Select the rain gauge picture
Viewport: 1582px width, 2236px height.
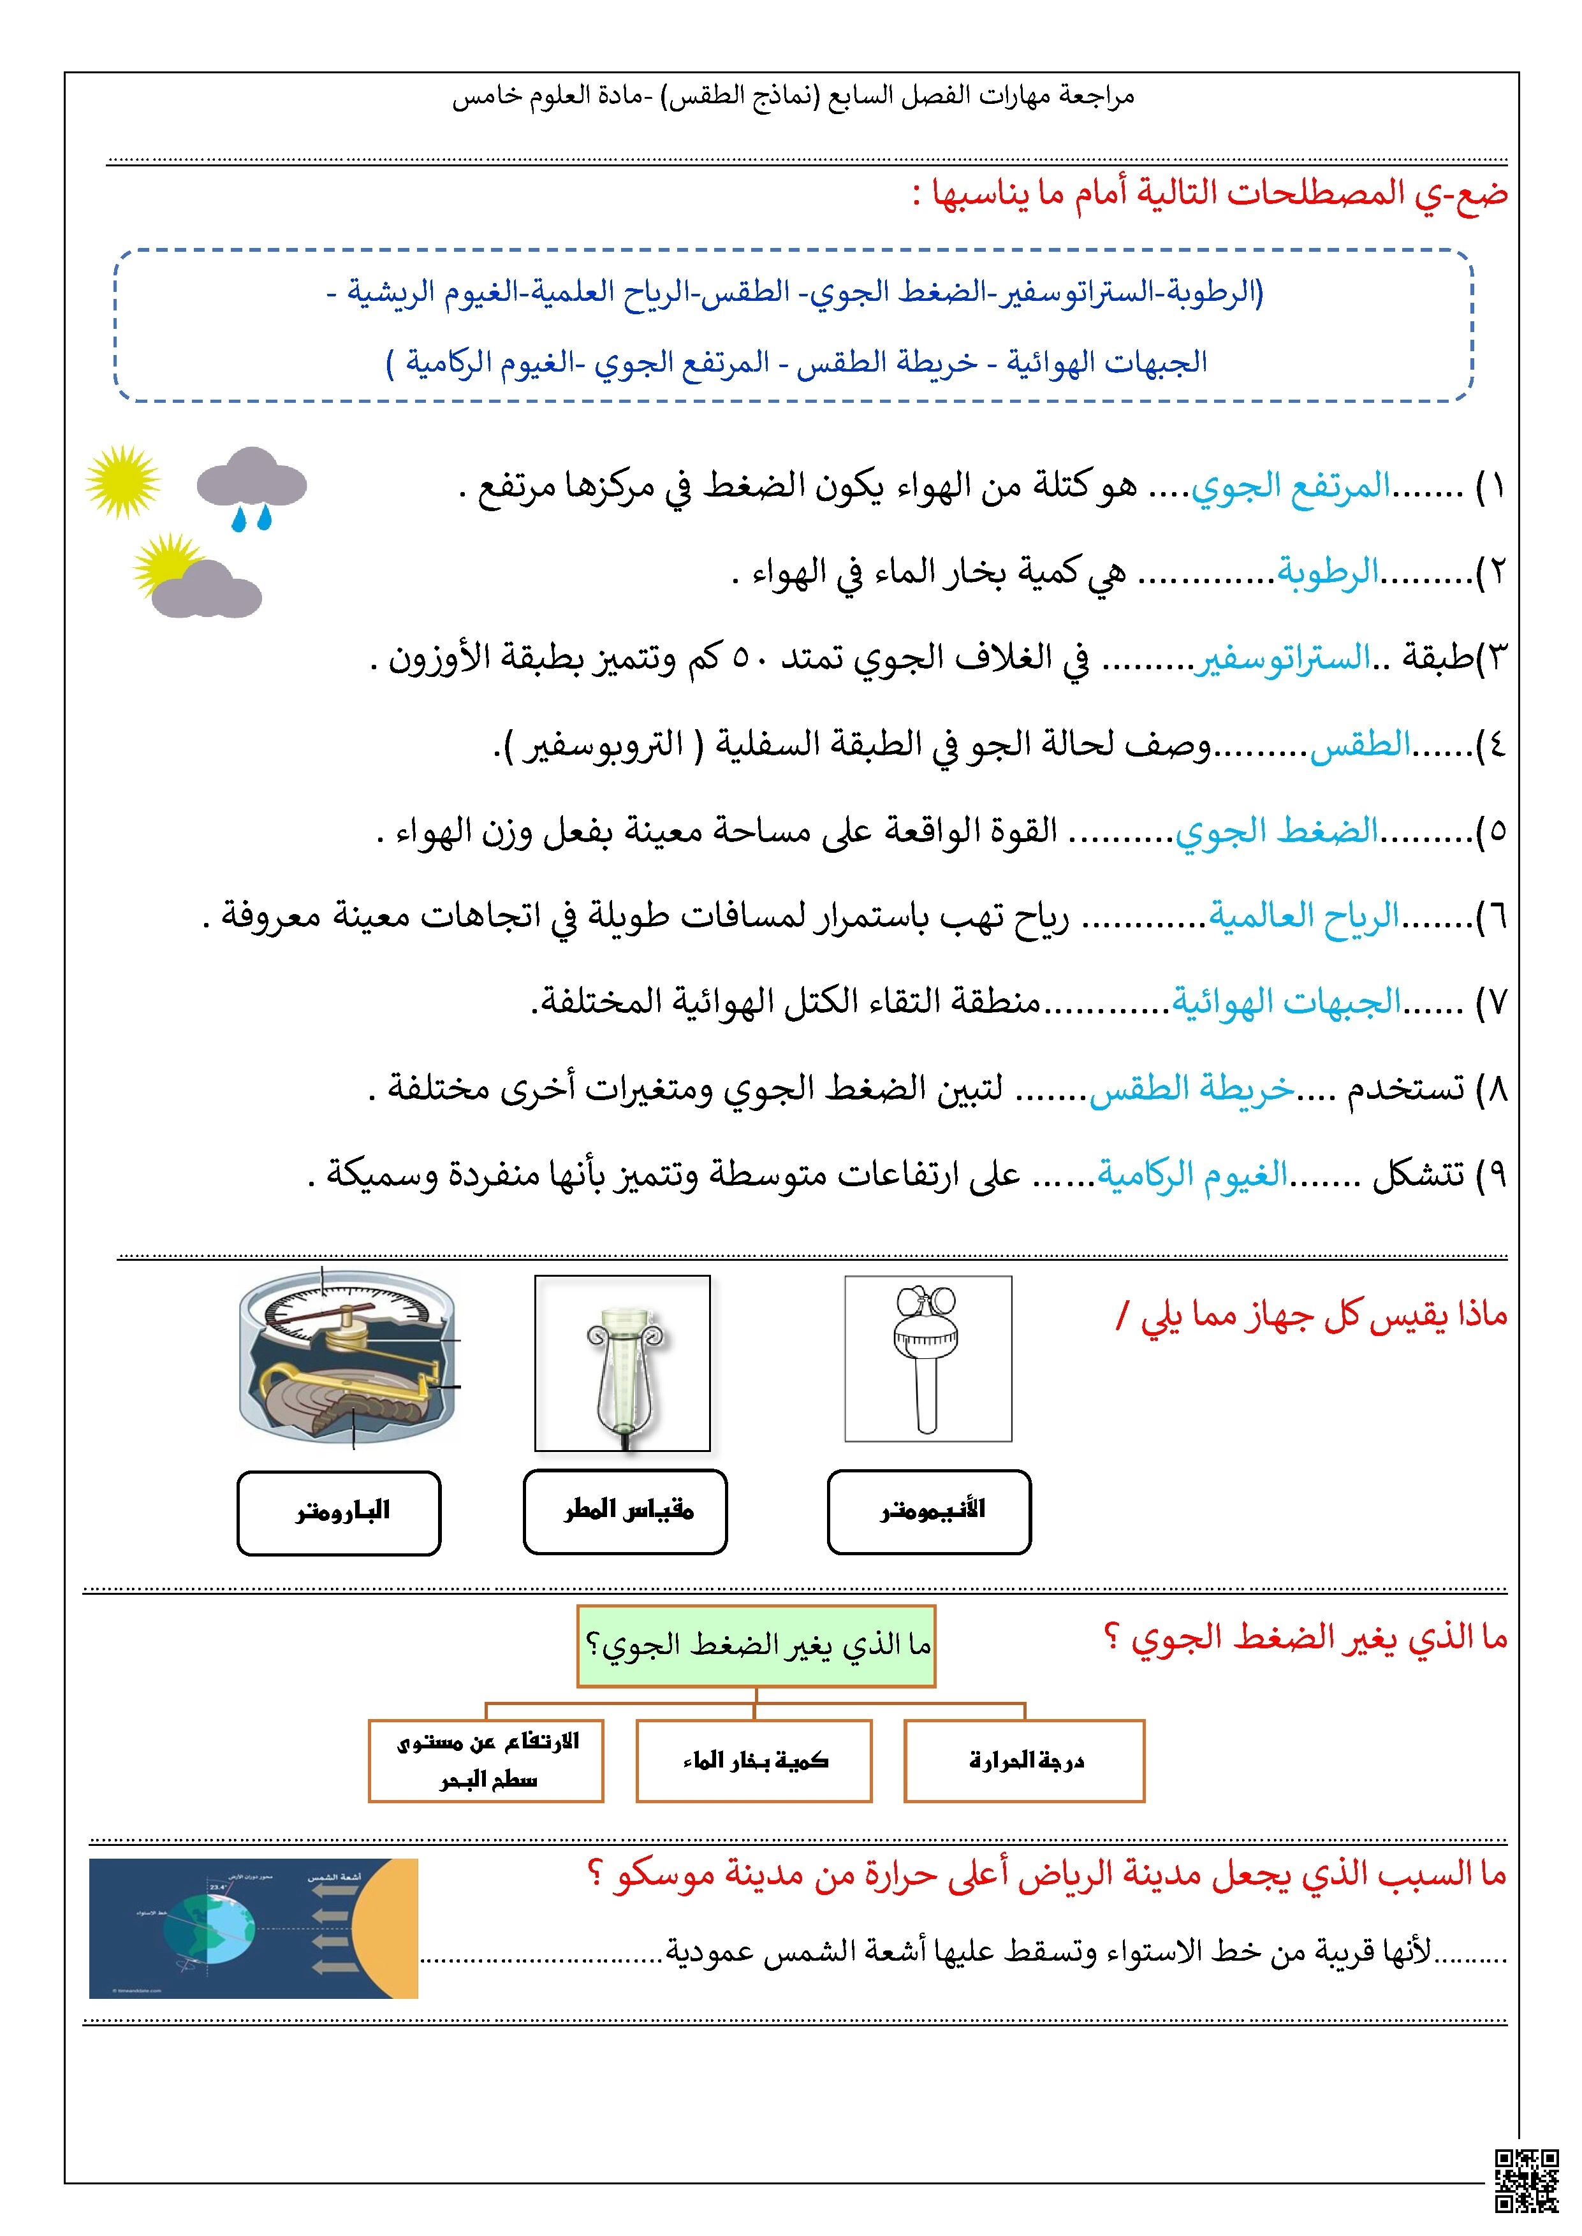[622, 1363]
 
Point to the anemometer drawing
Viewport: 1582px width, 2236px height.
[927, 1358]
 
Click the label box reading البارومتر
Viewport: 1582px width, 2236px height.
[339, 1513]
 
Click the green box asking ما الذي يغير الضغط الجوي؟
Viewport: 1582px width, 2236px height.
[756, 1646]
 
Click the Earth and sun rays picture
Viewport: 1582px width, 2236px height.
[253, 1928]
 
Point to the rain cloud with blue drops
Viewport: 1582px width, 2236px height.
[251, 487]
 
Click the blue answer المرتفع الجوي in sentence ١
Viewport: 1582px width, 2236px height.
[1290, 486]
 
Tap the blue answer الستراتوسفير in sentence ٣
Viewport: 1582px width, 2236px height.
[1282, 658]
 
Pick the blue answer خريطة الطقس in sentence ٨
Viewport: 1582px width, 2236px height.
[1191, 1089]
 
